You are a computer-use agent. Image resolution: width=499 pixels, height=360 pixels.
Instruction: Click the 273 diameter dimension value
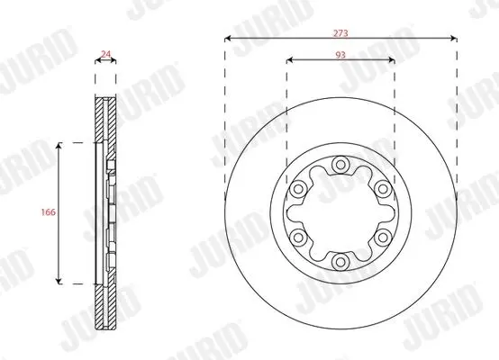[340, 33]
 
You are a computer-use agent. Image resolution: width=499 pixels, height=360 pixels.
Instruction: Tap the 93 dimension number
[340, 55]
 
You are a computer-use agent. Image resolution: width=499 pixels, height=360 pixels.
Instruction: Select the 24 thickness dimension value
[105, 54]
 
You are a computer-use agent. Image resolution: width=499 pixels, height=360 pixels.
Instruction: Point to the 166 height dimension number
[49, 212]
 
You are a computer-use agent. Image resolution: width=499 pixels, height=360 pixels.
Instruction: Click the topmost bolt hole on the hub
[340, 165]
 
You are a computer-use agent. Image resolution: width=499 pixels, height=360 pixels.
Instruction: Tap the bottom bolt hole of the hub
[340, 262]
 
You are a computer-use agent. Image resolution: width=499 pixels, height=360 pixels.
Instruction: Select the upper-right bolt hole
[383, 189]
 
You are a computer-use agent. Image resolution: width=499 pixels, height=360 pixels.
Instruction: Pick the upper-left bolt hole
[298, 189]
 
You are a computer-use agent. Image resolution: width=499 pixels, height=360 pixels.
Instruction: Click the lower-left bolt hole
[298, 238]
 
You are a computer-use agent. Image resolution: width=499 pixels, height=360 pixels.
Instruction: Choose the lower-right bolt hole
[383, 238]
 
